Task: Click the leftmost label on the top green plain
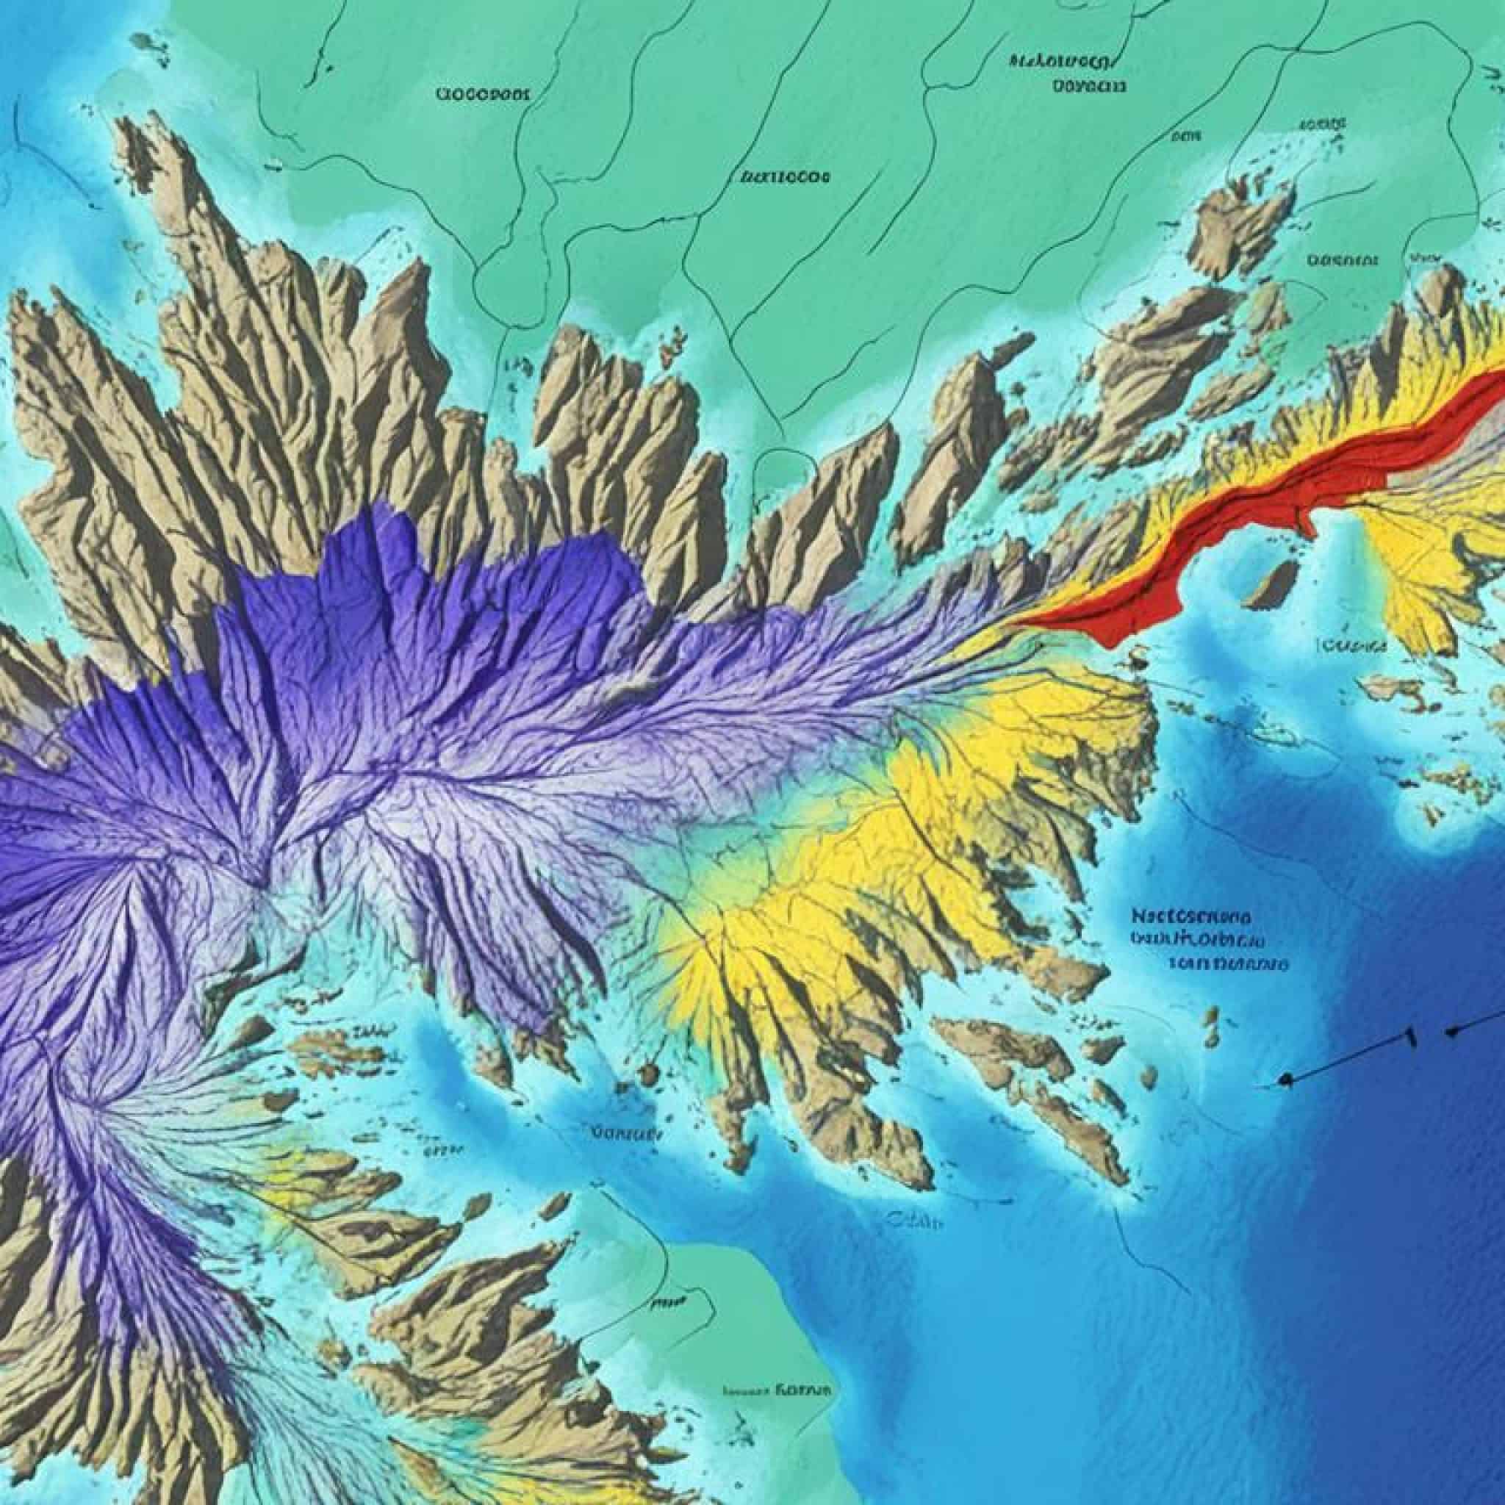[483, 95]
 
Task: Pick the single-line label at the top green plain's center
[783, 178]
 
